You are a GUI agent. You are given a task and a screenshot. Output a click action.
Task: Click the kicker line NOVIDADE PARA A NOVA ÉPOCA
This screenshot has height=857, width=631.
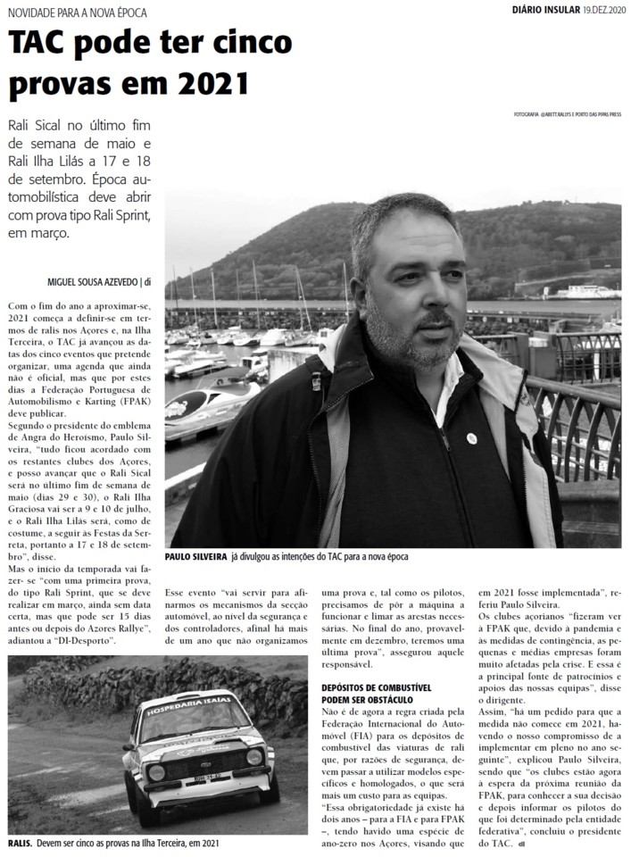coord(78,12)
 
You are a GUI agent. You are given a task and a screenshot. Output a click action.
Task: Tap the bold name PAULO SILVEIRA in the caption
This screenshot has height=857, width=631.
coord(195,555)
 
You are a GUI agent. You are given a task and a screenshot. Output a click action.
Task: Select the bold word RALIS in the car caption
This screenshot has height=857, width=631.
coord(20,842)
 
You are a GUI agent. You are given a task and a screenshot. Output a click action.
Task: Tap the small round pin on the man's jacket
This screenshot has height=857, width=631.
coord(471,438)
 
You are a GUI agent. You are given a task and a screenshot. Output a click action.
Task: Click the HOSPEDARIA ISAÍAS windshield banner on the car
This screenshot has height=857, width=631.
coord(189,703)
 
